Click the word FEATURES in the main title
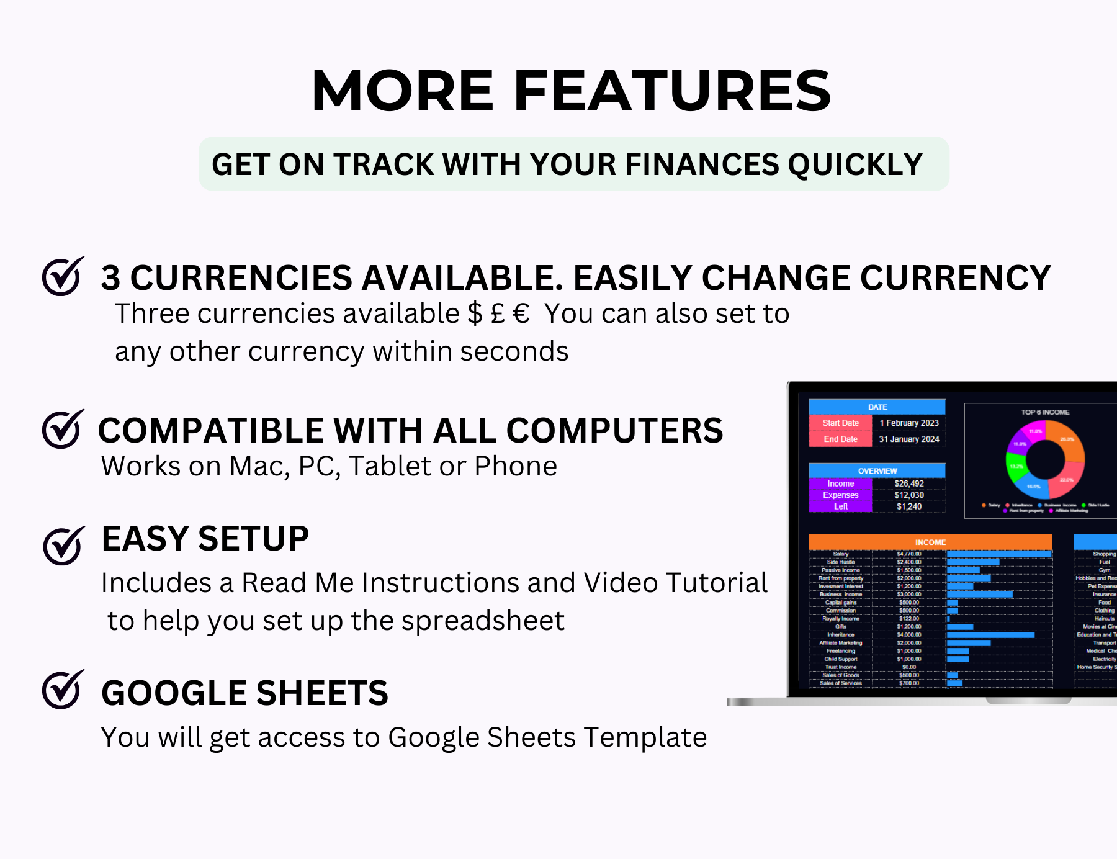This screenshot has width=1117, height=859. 672,91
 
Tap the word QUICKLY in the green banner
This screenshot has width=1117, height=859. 855,164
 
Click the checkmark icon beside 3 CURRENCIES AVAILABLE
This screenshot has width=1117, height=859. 62,277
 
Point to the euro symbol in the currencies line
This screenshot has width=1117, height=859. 521,314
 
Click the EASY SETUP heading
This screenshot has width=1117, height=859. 205,538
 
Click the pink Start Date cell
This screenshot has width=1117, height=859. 840,423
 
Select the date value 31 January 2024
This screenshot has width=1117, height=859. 908,439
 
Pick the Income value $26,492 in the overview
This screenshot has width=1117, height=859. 908,483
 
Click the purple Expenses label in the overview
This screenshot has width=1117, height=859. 840,495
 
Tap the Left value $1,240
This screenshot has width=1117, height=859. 908,506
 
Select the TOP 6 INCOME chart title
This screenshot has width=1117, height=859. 1045,412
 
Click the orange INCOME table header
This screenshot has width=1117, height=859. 930,542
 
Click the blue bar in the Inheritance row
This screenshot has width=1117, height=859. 990,635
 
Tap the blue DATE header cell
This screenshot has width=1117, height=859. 877,407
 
